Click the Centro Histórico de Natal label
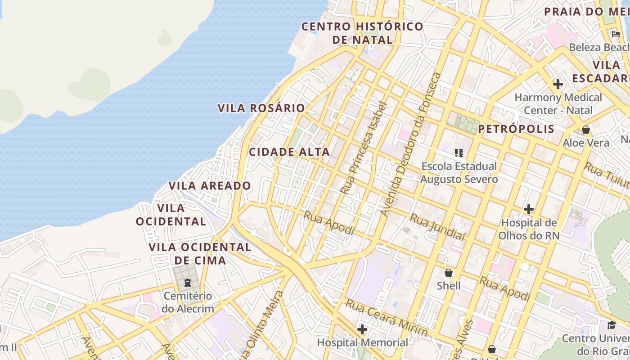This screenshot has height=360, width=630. tap(362, 33)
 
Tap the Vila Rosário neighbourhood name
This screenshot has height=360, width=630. tap(261, 108)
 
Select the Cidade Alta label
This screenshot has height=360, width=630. tap(289, 152)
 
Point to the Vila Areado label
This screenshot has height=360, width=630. tap(210, 185)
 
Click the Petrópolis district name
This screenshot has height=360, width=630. tap(516, 129)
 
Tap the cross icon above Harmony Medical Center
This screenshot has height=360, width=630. tap(558, 84)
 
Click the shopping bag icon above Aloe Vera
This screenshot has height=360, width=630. tap(585, 130)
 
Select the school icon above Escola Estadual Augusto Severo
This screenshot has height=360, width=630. tap(459, 153)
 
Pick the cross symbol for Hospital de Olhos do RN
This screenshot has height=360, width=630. tap(529, 209)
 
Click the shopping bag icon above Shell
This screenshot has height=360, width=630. tap(448, 273)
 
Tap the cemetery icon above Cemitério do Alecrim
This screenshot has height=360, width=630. tap(187, 283)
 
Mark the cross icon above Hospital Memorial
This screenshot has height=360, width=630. tap(362, 329)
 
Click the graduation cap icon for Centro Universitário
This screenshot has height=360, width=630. tap(611, 325)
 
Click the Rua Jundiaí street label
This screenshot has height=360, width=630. tap(437, 227)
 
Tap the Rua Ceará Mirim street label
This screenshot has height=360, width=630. tap(386, 318)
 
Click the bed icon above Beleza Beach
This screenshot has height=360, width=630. tap(616, 34)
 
